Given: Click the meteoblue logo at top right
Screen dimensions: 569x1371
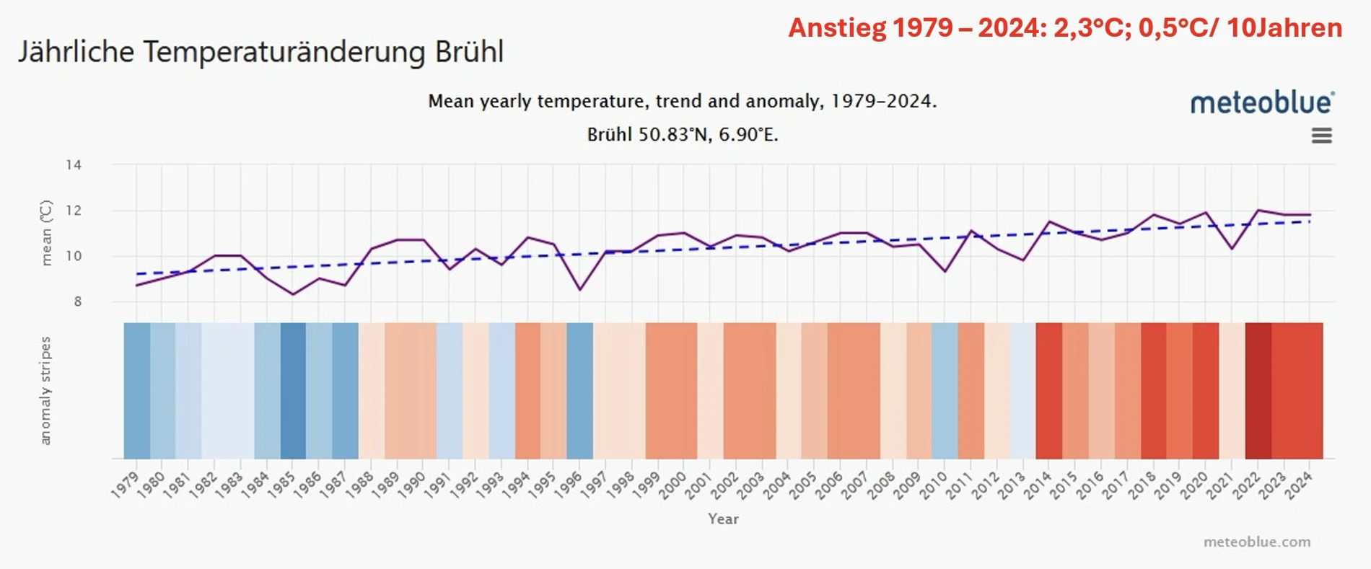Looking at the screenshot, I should (x=1262, y=102).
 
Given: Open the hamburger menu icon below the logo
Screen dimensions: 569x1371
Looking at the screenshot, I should (x=1321, y=136).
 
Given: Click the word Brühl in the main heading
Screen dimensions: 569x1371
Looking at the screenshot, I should (x=469, y=52).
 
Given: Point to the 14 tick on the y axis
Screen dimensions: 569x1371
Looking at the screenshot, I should (x=74, y=165).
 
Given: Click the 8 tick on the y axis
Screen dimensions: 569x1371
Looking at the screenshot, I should (x=78, y=301).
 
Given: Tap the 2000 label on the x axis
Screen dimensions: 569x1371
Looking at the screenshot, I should (x=673, y=485).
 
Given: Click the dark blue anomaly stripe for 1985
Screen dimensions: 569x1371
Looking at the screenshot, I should (x=293, y=390).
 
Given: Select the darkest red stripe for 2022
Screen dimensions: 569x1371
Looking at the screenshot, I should (x=1258, y=390).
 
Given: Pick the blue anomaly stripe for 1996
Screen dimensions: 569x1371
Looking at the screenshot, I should (x=579, y=390).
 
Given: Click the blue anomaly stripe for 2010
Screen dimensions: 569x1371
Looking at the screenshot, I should (x=945, y=390).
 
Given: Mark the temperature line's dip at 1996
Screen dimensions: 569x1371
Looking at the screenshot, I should (x=579, y=290).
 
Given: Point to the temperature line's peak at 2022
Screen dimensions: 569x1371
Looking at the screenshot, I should (x=1258, y=211).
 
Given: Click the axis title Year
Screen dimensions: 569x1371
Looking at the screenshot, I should (x=723, y=519).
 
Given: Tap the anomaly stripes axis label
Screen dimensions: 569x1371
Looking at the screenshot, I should (x=45, y=390).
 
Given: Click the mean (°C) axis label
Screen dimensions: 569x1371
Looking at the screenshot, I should (x=46, y=233).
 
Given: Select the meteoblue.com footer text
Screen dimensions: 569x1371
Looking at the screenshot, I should (x=1256, y=542).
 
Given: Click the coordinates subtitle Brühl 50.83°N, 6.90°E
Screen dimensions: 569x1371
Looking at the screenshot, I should (x=683, y=135).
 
